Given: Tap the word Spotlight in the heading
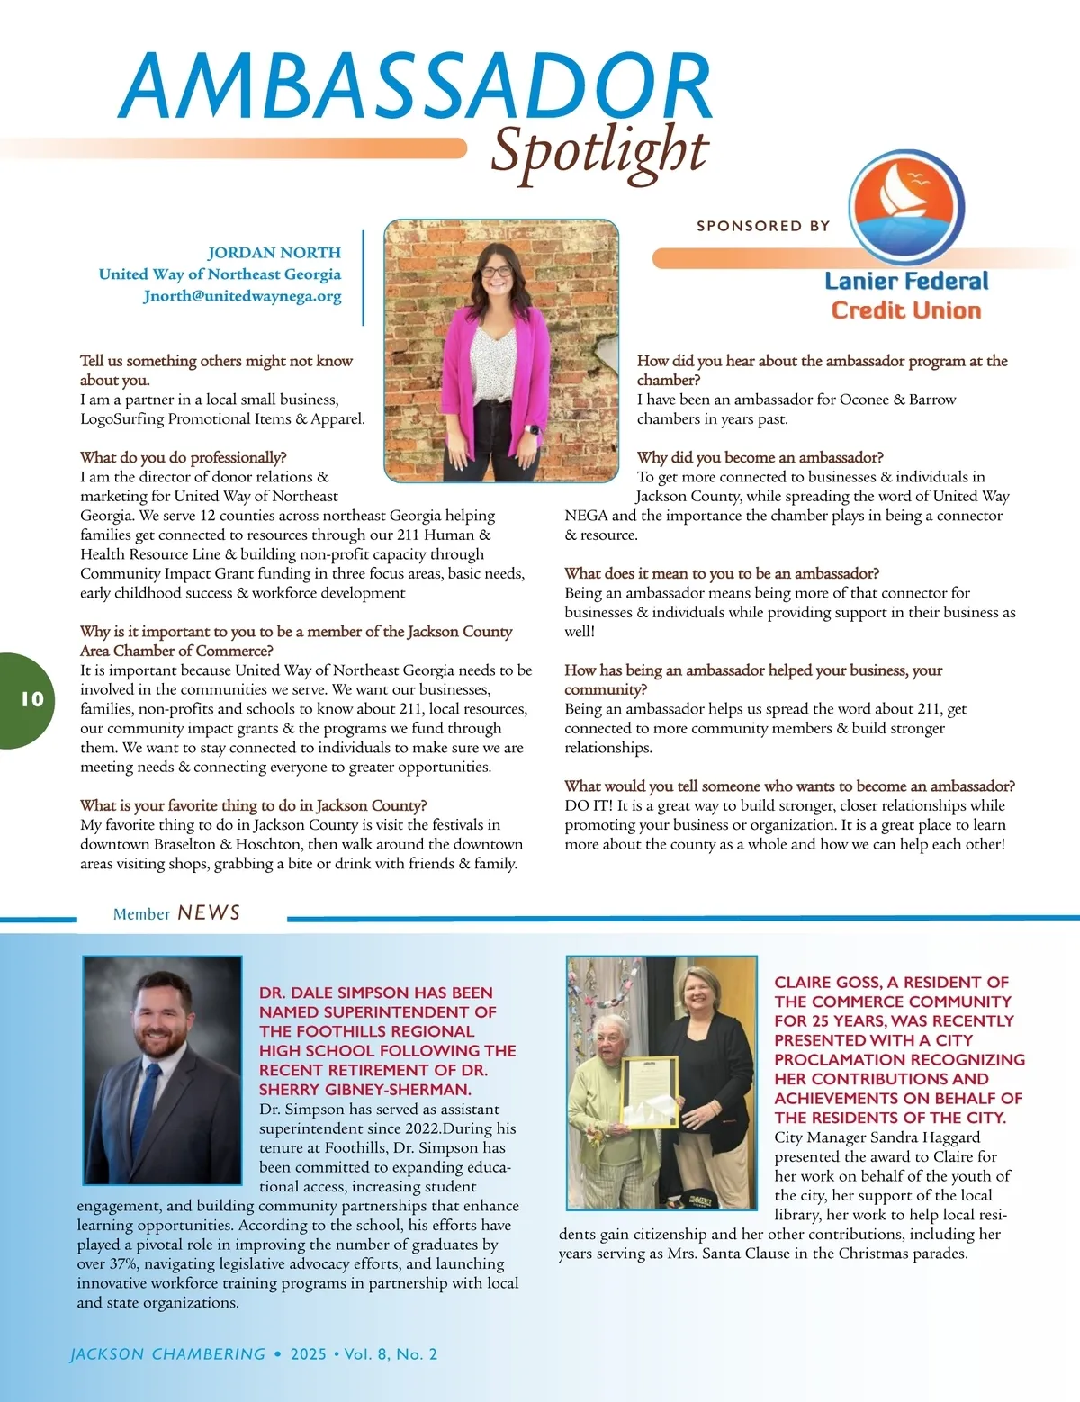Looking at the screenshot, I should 599,151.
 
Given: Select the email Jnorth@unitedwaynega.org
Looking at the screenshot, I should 242,296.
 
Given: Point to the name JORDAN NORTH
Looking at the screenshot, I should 274,253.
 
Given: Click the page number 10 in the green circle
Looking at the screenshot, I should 31,699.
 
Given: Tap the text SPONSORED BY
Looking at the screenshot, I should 763,226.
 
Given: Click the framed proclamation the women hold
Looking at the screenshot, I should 650,1091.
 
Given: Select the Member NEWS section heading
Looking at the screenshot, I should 177,913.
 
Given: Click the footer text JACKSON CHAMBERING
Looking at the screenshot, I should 167,1354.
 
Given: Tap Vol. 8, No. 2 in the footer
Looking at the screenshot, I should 391,1354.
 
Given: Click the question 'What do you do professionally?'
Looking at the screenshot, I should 183,458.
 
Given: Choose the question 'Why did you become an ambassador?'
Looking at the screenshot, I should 760,458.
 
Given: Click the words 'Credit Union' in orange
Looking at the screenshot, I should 905,310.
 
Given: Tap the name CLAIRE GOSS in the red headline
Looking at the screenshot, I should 825,983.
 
